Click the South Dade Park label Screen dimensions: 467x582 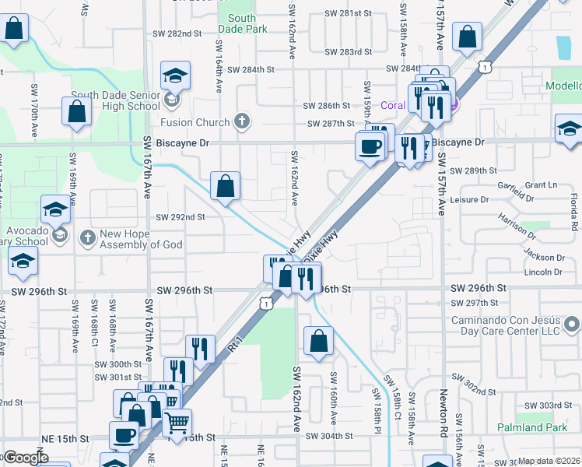pos(242,23)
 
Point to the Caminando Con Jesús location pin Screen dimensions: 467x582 pos(572,322)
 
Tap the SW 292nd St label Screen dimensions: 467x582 pos(181,217)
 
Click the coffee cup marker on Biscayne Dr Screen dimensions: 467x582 pos(370,145)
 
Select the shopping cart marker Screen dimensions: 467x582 pos(177,422)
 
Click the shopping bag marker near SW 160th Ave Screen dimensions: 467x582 pos(319,340)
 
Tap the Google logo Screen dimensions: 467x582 pos(26,458)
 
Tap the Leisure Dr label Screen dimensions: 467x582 pos(469,199)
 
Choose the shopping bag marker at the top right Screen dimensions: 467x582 pos(468,37)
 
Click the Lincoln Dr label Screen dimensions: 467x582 pos(543,272)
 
